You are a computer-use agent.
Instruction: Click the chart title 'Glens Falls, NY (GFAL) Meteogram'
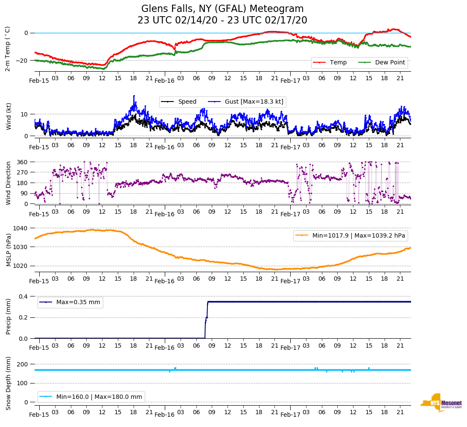[x=222, y=9]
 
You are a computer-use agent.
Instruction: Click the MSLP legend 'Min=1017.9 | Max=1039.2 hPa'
[x=350, y=236]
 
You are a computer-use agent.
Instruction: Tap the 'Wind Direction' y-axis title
[x=8, y=183]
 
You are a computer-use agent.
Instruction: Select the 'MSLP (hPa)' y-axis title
[x=8, y=247]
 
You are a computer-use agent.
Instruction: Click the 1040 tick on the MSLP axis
[x=21, y=228]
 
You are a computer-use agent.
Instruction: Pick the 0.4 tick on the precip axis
[x=23, y=296]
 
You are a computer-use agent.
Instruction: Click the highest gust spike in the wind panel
[x=134, y=96]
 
